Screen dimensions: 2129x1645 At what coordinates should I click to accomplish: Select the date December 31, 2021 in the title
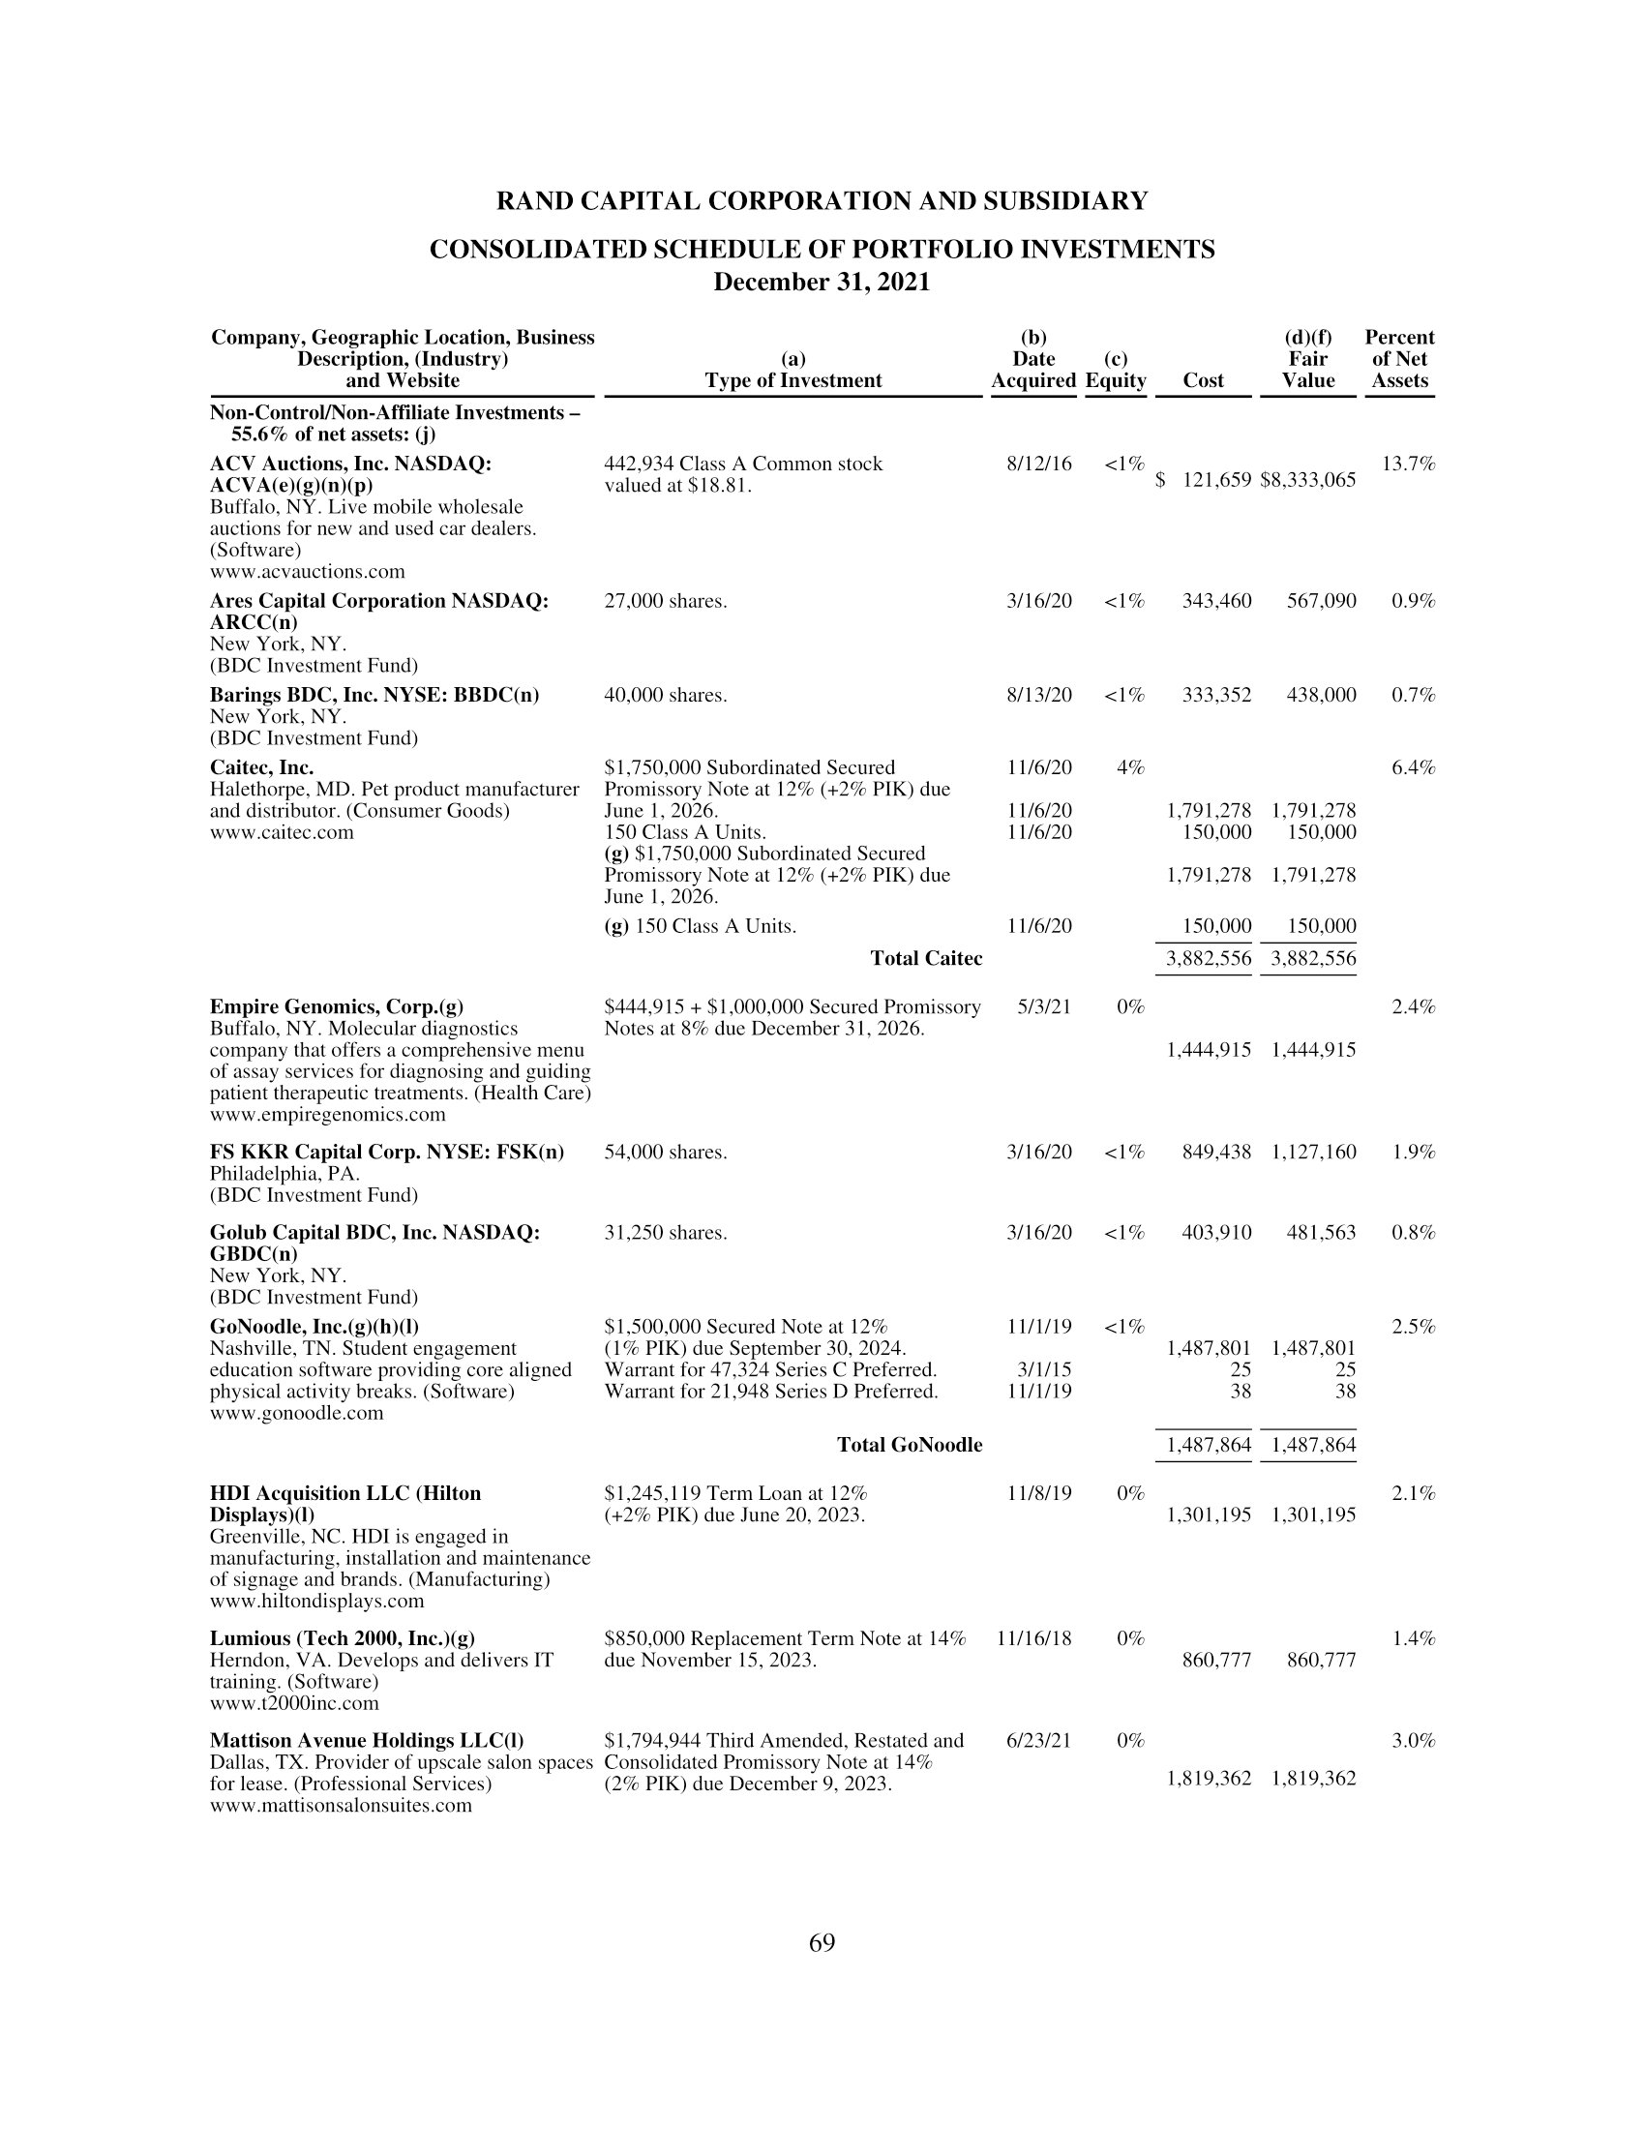822,283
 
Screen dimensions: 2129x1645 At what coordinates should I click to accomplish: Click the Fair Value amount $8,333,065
1308,481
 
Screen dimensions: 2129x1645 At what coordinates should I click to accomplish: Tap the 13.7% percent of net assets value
1408,464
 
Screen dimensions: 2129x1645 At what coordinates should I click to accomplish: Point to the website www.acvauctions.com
307,571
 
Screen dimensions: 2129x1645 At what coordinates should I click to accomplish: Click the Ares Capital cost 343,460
1216,602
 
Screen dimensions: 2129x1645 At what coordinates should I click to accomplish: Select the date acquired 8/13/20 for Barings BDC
1039,695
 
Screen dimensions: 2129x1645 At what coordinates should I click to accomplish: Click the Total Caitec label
926,958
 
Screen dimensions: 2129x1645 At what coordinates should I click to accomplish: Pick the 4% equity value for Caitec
1129,768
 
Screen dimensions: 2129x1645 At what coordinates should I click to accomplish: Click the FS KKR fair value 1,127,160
1313,1153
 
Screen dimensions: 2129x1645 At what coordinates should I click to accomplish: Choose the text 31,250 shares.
666,1233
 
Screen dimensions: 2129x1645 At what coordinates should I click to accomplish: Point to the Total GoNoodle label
910,1445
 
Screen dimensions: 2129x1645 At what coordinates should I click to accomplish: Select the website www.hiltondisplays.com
316,1601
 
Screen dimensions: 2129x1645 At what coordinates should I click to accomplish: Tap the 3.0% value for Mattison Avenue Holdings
1413,1741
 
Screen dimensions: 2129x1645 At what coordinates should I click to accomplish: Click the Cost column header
1203,381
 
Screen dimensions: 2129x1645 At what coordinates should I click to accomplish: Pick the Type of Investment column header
793,381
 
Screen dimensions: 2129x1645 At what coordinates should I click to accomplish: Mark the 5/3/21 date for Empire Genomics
1044,1007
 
